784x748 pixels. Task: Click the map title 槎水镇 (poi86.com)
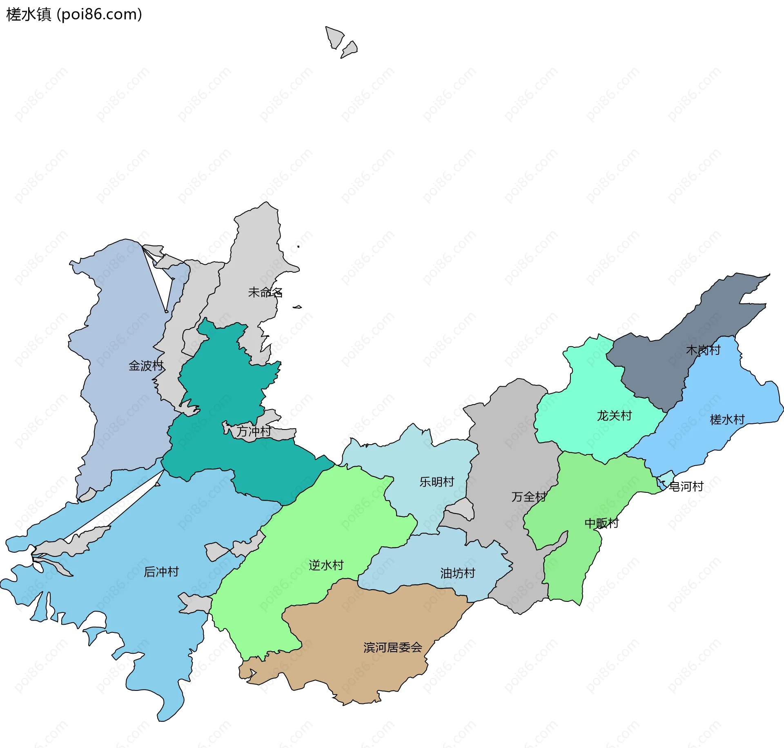pos(74,14)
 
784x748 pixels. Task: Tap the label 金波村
pos(146,365)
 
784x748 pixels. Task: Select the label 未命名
pos(265,292)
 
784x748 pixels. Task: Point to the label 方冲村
pos(254,431)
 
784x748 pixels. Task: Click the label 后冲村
pos(161,572)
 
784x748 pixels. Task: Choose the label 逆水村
pos(326,565)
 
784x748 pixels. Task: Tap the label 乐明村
pos(437,482)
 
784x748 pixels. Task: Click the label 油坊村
pos(457,573)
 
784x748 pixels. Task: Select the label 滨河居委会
pos(392,648)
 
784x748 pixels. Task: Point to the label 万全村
pos(528,497)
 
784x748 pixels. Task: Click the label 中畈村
pos(601,523)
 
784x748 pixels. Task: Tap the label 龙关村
pos(614,416)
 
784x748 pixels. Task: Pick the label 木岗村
pos(703,350)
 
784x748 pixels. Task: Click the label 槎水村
pos(727,419)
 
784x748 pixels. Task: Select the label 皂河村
pos(686,486)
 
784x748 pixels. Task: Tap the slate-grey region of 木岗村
pos(653,367)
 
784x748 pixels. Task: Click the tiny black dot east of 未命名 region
pos(298,247)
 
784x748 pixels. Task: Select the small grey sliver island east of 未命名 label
pos(297,307)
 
